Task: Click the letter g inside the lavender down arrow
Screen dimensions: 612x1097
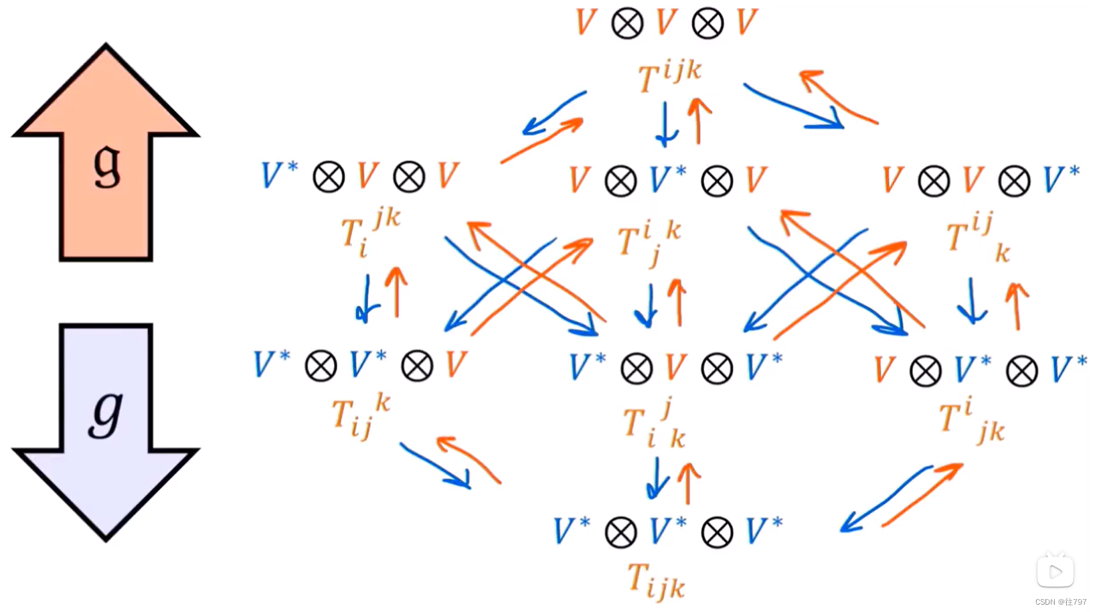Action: point(106,412)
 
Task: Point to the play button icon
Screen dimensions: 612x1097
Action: point(1056,572)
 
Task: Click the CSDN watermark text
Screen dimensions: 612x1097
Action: point(1061,602)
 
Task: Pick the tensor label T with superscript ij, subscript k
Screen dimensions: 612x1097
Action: point(977,238)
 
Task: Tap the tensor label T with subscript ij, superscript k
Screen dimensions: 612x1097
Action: point(360,416)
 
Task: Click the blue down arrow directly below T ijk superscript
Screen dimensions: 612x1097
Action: point(666,124)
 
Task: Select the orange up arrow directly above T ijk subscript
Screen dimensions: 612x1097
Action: point(688,483)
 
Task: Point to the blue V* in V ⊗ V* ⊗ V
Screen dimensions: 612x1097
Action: point(667,180)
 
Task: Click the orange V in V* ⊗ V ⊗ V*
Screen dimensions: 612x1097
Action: point(676,368)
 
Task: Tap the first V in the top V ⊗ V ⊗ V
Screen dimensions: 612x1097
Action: point(586,23)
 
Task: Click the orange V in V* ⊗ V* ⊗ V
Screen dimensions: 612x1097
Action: point(456,366)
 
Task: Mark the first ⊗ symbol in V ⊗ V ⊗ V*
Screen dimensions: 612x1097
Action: point(934,181)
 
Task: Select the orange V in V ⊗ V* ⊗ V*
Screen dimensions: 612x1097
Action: point(885,370)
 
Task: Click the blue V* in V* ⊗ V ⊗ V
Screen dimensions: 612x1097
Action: point(279,176)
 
